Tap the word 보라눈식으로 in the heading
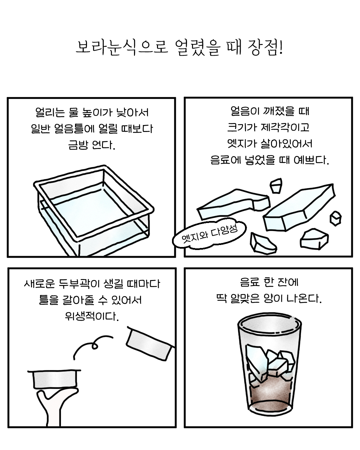pos(122,48)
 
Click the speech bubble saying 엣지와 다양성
pos(209,234)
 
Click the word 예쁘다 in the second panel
pos(311,160)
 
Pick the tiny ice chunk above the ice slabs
pos(276,186)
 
